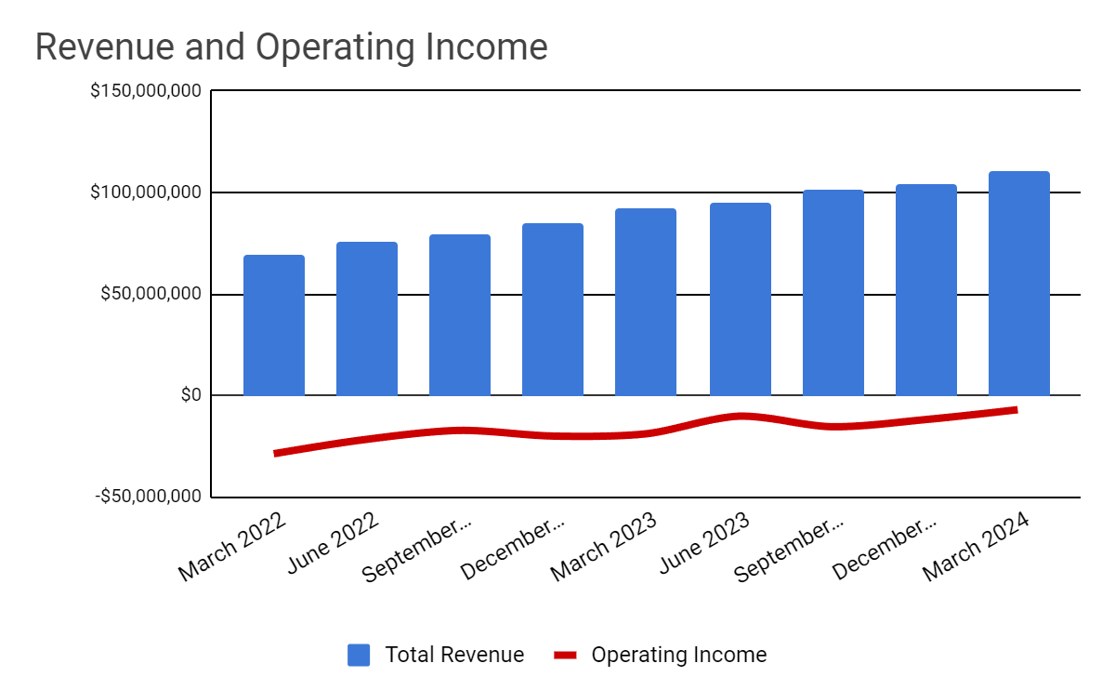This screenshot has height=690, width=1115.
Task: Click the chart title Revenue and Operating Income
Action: tap(291, 47)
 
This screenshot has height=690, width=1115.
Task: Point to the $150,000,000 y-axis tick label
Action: tap(145, 92)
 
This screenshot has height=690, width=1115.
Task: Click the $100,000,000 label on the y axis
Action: tap(145, 193)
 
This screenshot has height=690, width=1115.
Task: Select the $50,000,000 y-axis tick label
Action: tap(150, 295)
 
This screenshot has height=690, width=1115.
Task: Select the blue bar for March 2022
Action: tap(274, 325)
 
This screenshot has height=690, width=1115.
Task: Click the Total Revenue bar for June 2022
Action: tap(367, 319)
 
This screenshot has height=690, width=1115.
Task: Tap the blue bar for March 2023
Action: tap(646, 302)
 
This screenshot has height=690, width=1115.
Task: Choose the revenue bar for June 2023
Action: tap(741, 299)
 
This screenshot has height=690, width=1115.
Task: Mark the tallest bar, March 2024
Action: tap(1019, 284)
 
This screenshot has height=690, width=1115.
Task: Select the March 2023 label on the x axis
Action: tap(605, 544)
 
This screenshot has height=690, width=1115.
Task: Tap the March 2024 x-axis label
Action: tap(977, 544)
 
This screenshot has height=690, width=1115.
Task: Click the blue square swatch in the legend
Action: tap(360, 655)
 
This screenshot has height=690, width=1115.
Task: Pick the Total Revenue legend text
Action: tap(454, 655)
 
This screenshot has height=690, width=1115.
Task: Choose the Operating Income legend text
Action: tap(678, 655)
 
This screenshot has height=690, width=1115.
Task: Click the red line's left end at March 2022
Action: tap(276, 453)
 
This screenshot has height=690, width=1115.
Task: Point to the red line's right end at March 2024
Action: tap(1016, 409)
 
